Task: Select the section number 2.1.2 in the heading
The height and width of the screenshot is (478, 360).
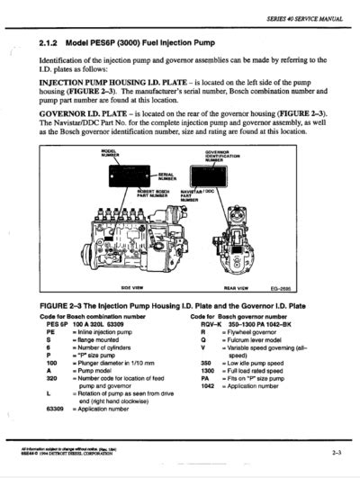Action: pos(52,42)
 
